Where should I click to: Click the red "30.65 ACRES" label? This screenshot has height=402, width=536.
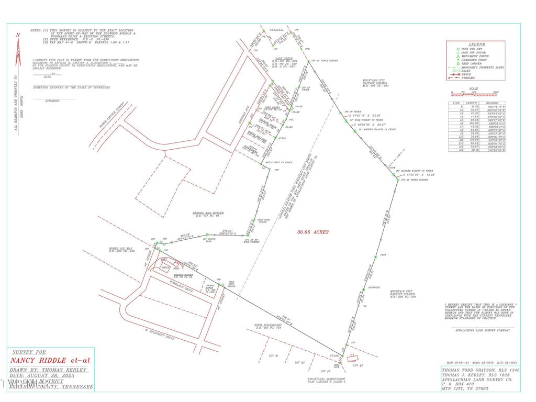tap(313, 232)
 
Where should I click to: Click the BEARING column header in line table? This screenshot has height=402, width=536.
tap(493, 103)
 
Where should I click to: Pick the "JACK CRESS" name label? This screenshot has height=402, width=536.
tap(284, 59)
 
